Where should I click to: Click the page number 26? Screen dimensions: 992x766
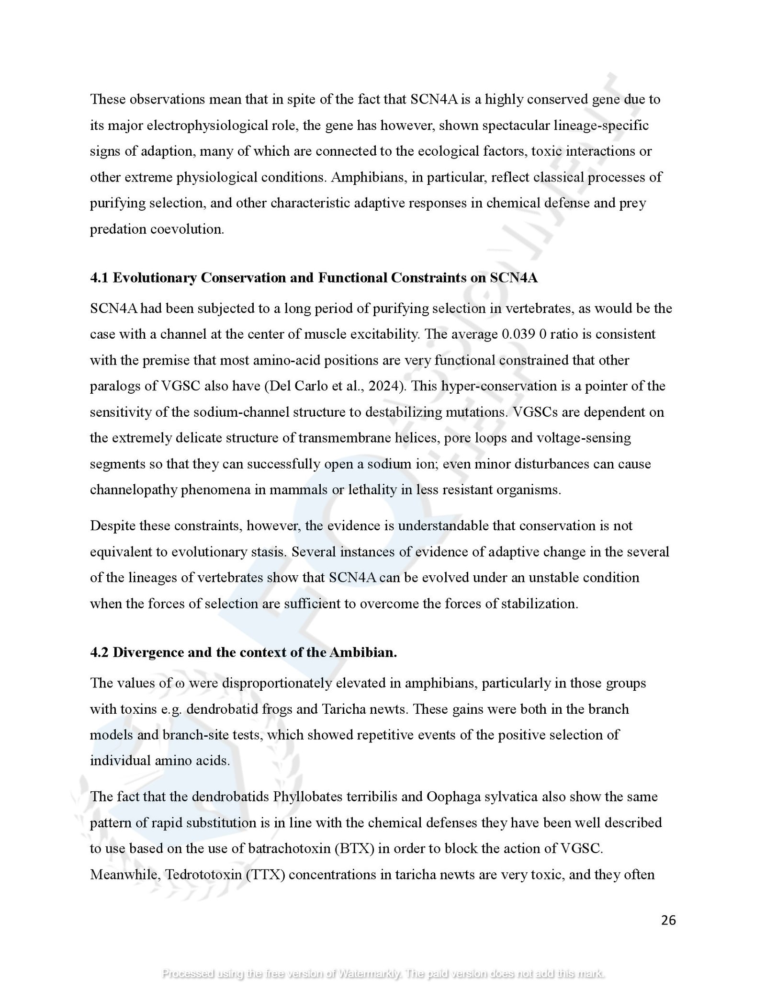pyautogui.click(x=668, y=920)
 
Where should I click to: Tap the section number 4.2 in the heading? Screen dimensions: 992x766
pyautogui.click(x=99, y=652)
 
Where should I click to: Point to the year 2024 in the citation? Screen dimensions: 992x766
pyautogui.click(x=383, y=386)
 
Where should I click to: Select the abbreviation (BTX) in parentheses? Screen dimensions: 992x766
pyautogui.click(x=354, y=849)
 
